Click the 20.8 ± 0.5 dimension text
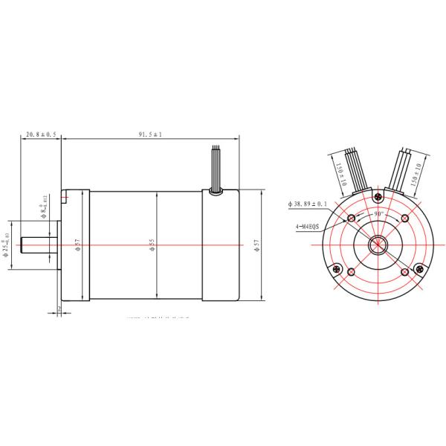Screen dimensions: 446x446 click(41, 135)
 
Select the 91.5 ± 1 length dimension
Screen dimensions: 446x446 click(150, 135)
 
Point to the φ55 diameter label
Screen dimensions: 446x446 click(152, 245)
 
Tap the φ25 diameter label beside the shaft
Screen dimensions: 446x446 click(6, 245)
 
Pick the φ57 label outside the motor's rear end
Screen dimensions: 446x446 click(256, 245)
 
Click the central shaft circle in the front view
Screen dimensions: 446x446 click(378, 245)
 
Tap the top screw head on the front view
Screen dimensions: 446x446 click(378, 196)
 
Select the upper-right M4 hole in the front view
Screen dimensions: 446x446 click(404, 218)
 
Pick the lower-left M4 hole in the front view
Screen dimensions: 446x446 click(351, 271)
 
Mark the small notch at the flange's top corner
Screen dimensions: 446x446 click(67, 198)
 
